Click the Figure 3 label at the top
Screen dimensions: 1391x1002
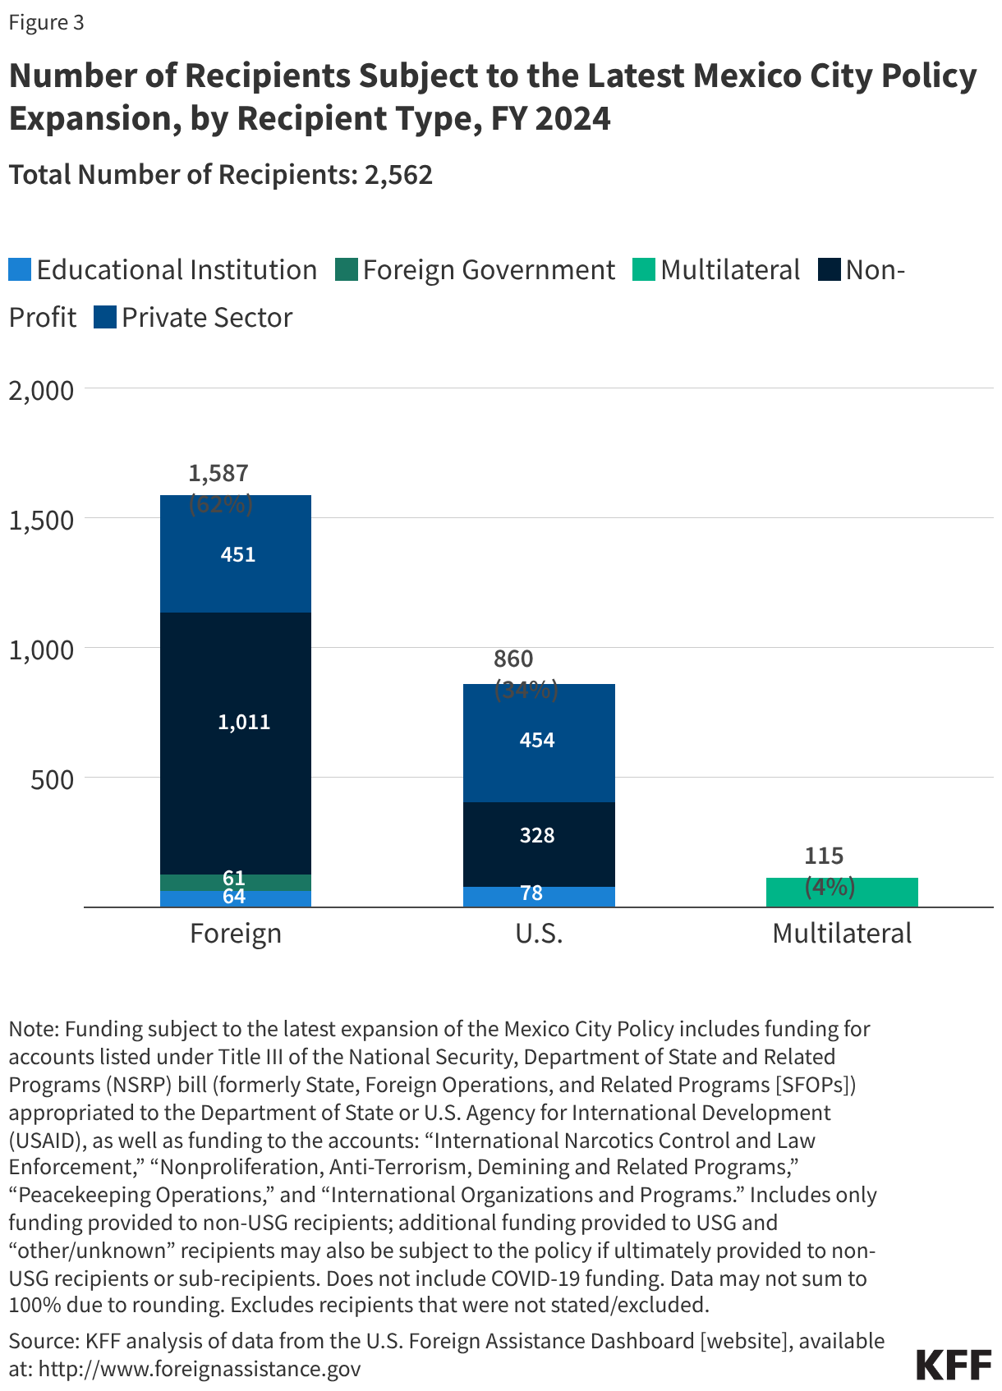pyautogui.click(x=46, y=22)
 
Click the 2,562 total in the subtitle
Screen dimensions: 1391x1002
pyautogui.click(x=398, y=175)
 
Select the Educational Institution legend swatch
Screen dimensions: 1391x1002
pyautogui.click(x=20, y=270)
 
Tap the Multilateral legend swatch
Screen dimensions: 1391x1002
pyautogui.click(x=643, y=270)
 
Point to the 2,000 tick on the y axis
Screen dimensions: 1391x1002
pyautogui.click(x=41, y=390)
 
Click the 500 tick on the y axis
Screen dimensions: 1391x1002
pyautogui.click(x=52, y=778)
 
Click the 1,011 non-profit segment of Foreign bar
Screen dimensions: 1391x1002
pyautogui.click(x=236, y=743)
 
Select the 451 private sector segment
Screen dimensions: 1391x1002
pyautogui.click(x=236, y=555)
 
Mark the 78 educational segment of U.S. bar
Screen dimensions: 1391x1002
pyautogui.click(x=538, y=897)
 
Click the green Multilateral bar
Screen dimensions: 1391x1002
pyautogui.click(x=842, y=893)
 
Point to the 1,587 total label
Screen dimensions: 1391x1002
pyautogui.click(x=218, y=473)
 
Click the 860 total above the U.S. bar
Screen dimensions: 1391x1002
pyautogui.click(x=513, y=659)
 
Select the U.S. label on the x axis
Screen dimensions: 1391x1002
pyautogui.click(x=539, y=934)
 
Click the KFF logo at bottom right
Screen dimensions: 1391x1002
pyautogui.click(x=954, y=1364)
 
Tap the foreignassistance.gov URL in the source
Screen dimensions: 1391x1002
pyautogui.click(x=200, y=1369)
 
